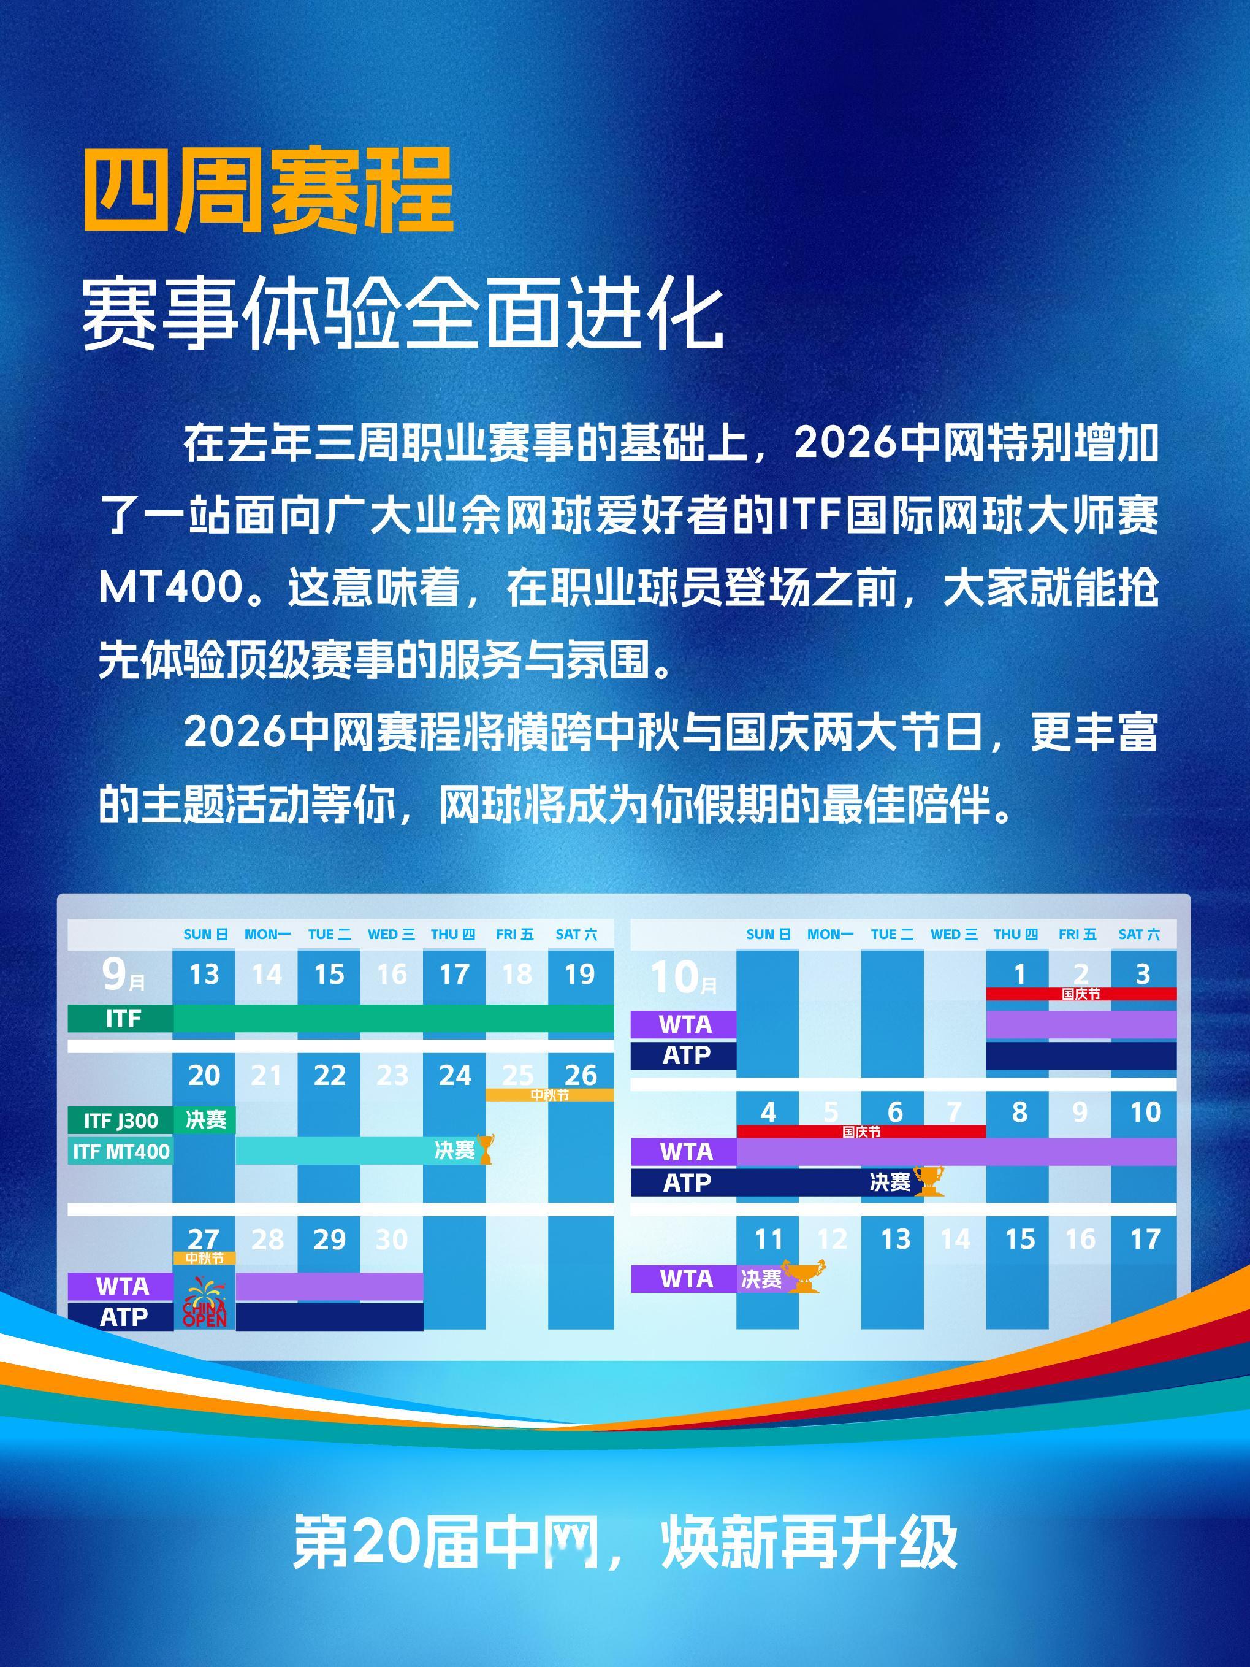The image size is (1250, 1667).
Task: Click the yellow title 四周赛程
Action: (267, 191)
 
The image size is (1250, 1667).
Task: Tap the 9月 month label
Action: (123, 976)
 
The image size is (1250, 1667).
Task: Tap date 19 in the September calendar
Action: (579, 975)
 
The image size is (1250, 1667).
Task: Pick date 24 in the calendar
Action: (454, 1075)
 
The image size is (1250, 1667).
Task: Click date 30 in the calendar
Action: (391, 1240)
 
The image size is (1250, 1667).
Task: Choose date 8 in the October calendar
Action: (1019, 1113)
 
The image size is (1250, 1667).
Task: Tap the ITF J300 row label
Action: (121, 1121)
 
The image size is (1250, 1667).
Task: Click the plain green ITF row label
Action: (123, 1019)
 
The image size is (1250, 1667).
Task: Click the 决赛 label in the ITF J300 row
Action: (205, 1120)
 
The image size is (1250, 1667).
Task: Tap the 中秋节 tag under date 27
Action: (204, 1259)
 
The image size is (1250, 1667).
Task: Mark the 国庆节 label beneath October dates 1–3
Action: (1081, 994)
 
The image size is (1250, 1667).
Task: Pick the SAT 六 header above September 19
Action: (576, 935)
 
